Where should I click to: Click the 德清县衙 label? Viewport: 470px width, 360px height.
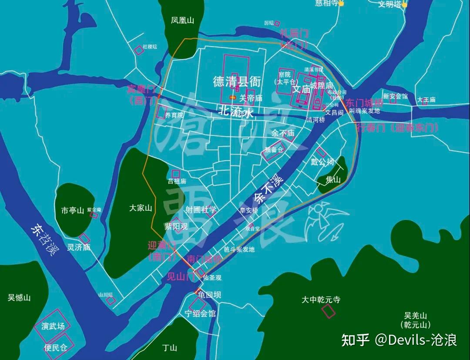pyautogui.click(x=237, y=81)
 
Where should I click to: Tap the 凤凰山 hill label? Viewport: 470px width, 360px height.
pyautogui.click(x=182, y=20)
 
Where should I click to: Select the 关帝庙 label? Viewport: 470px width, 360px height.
pyautogui.click(x=251, y=98)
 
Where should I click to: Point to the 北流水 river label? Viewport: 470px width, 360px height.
pyautogui.click(x=235, y=113)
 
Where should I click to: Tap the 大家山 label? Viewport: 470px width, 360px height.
pyautogui.click(x=141, y=208)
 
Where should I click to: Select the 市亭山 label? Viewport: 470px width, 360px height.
pyautogui.click(x=72, y=211)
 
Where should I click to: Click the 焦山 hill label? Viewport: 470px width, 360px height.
pyautogui.click(x=333, y=179)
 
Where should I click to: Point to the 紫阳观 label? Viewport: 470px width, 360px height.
pyautogui.click(x=176, y=226)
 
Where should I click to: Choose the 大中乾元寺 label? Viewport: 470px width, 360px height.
pyautogui.click(x=321, y=300)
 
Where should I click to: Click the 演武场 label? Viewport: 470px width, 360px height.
pyautogui.click(x=53, y=326)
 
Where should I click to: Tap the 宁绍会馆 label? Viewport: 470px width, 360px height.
pyautogui.click(x=200, y=313)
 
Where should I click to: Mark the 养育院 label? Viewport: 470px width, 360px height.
pyautogui.click(x=174, y=115)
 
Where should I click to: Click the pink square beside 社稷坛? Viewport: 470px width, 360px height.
pyautogui.click(x=139, y=50)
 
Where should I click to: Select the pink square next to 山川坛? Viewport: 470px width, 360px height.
pyautogui.click(x=111, y=300)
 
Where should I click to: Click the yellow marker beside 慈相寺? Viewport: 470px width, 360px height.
pyautogui.click(x=341, y=3)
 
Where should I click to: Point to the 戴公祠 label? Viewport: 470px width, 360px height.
pyautogui.click(x=322, y=162)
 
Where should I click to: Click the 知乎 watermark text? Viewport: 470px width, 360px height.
pyautogui.click(x=355, y=340)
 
